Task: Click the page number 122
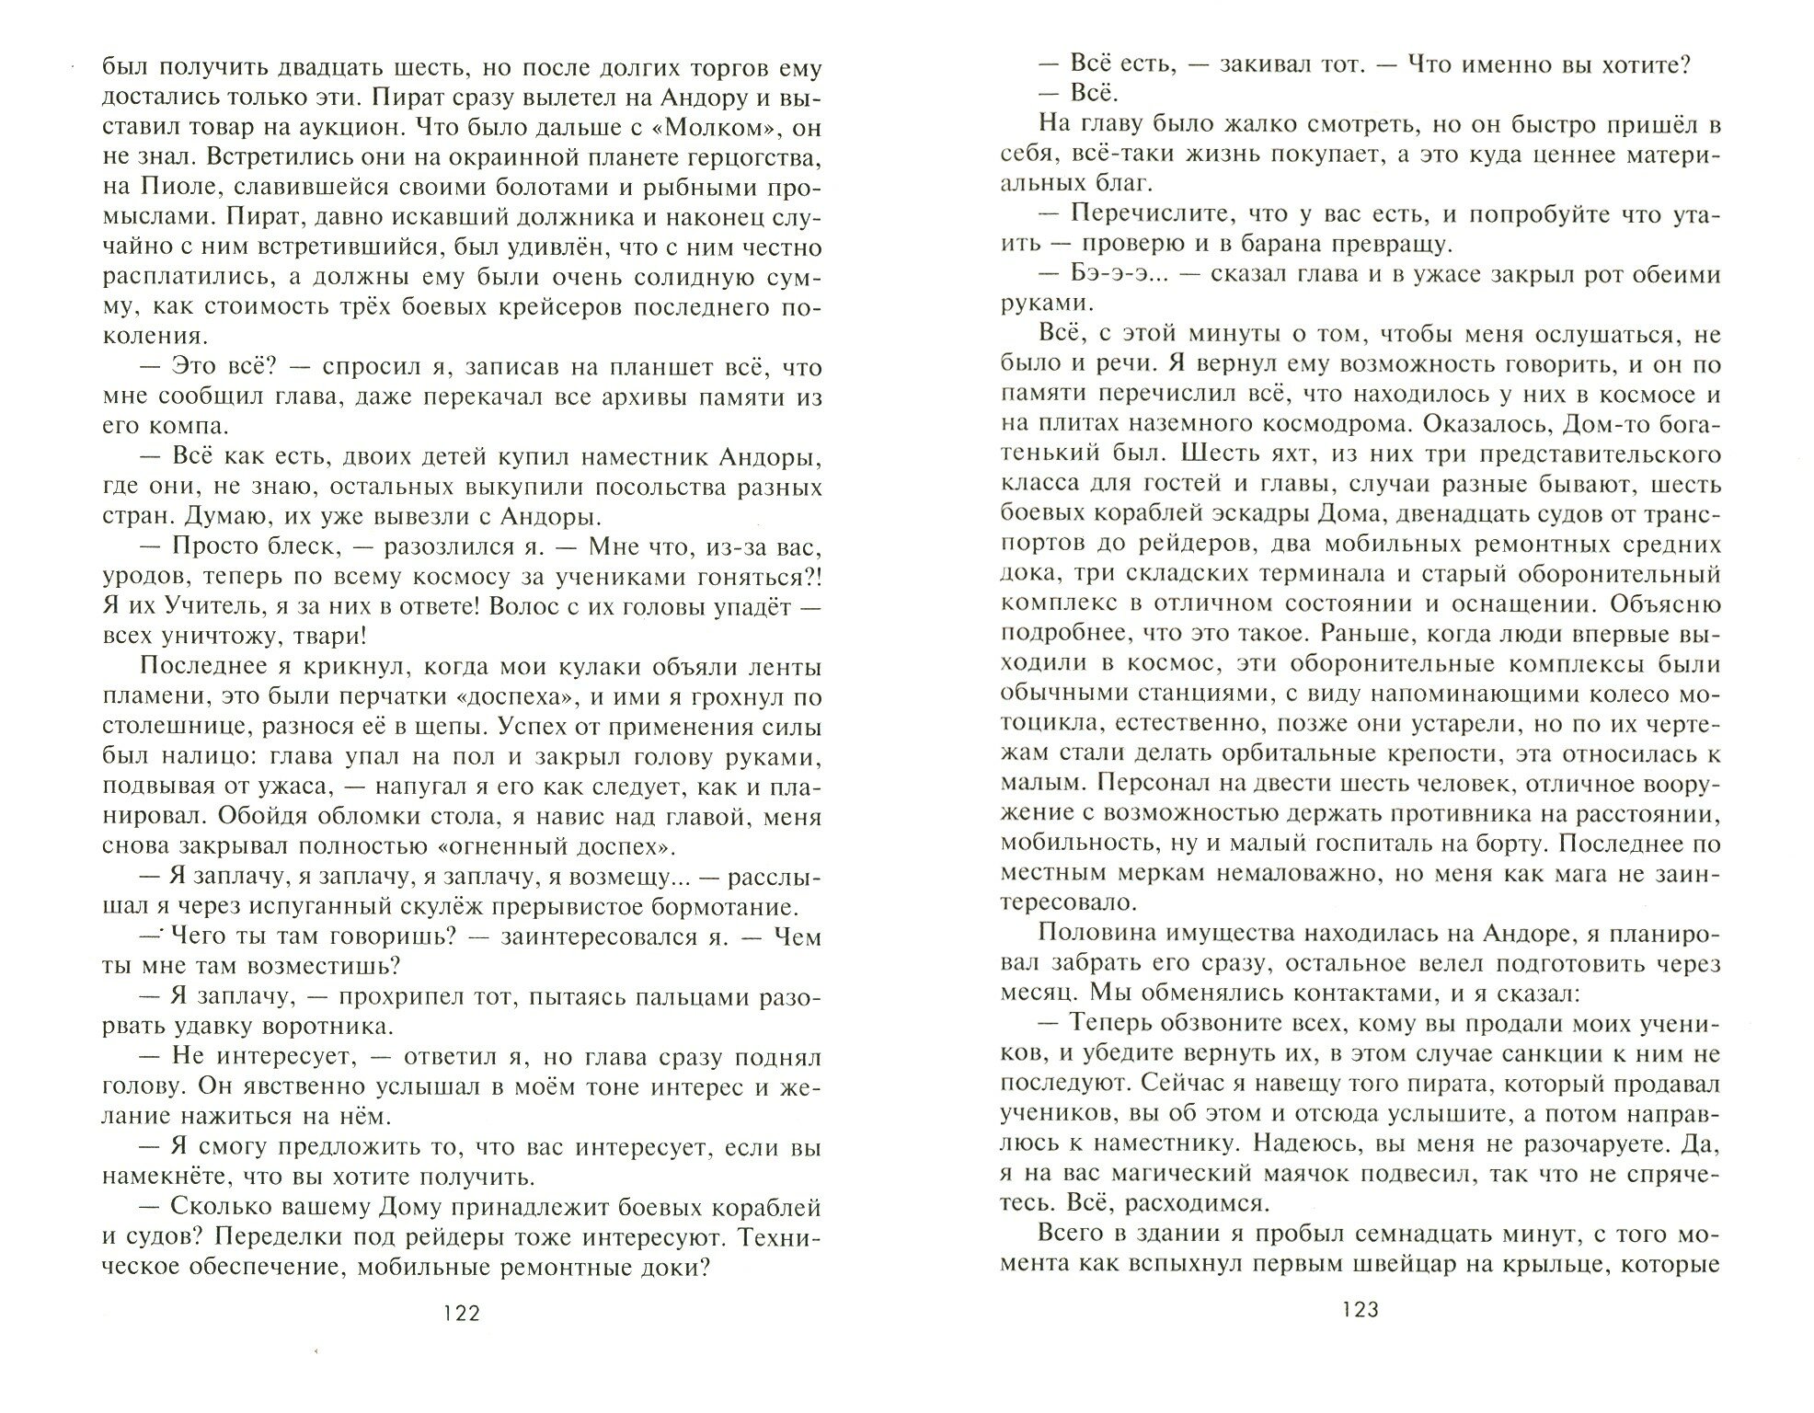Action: coord(461,1313)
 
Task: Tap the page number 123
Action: coord(1360,1310)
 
